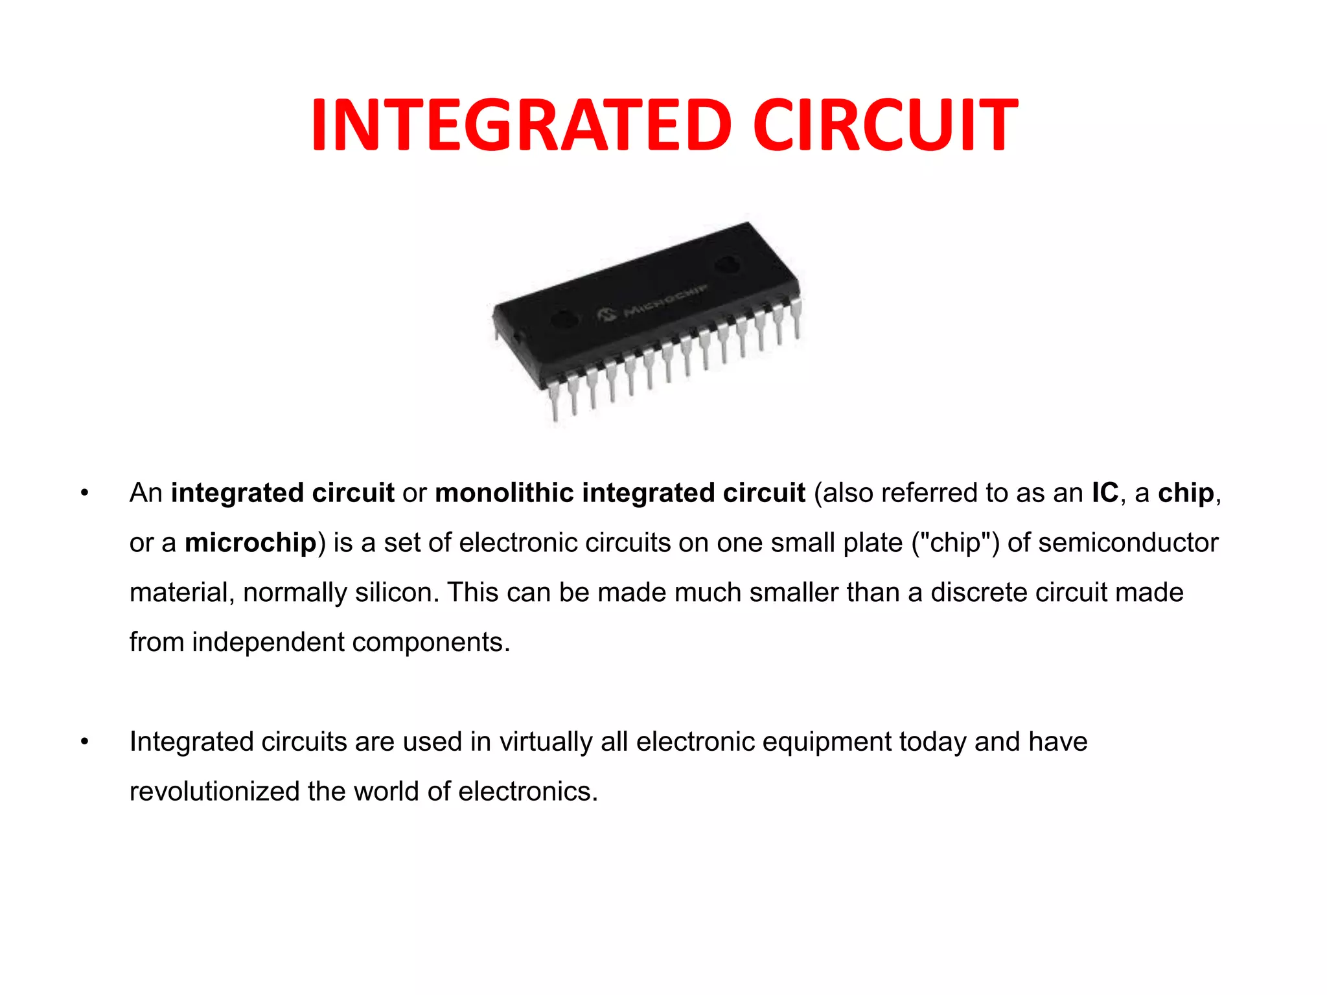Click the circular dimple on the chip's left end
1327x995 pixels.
pos(564,318)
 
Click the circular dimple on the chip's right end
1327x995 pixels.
pos(727,264)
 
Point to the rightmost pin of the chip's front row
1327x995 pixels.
pos(796,317)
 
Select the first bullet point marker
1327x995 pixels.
pos(84,494)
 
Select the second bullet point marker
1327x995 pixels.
pos(84,742)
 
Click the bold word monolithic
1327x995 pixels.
pos(504,494)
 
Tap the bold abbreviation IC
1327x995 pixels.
pos(1105,494)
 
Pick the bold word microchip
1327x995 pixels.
pos(250,543)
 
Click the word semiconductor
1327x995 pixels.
pos(1127,543)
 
